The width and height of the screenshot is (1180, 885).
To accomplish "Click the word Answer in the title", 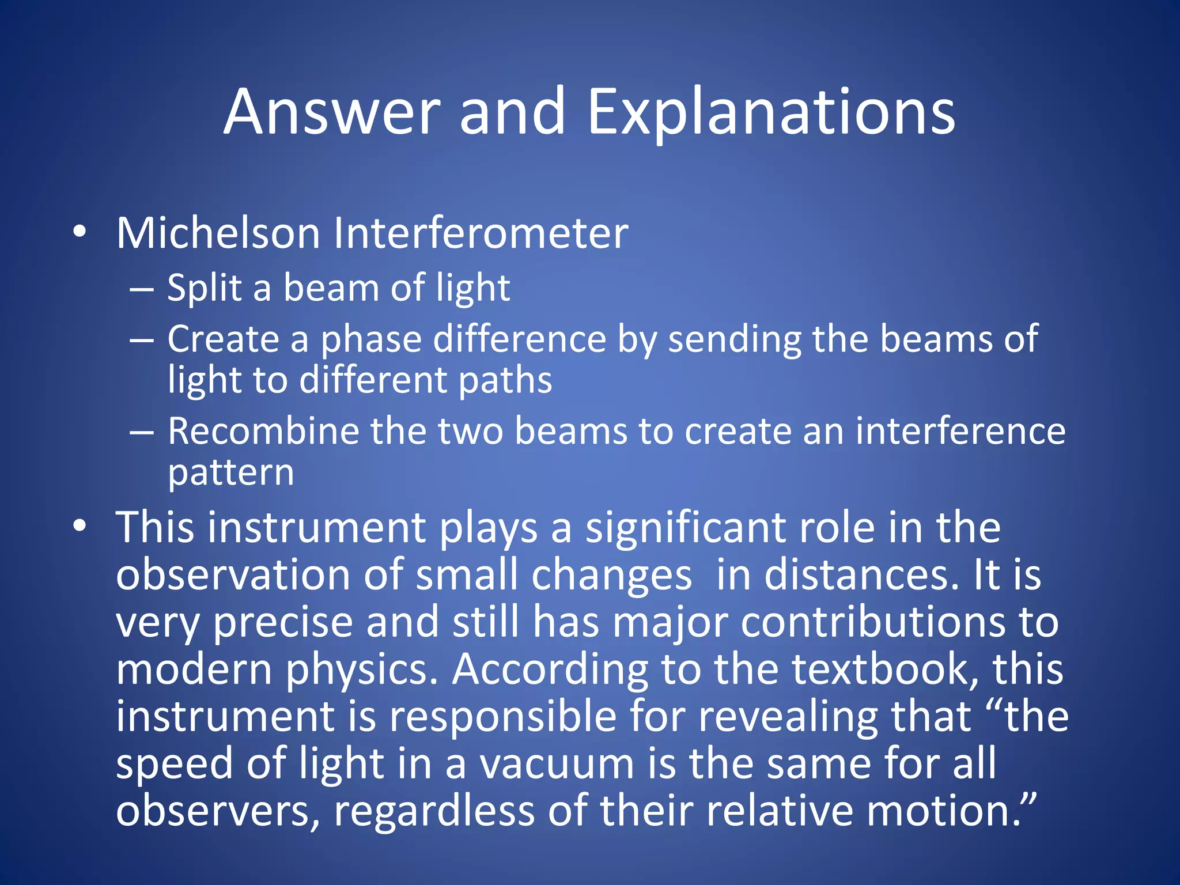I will [x=332, y=112].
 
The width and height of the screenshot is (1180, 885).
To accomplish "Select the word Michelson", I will [x=218, y=233].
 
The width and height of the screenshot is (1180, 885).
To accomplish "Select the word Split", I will [x=205, y=288].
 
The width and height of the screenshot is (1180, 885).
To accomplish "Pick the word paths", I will [x=505, y=381].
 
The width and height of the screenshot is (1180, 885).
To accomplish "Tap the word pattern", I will [x=230, y=474].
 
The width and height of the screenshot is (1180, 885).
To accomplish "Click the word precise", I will [x=283, y=623].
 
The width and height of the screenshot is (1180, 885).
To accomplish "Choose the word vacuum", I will [x=557, y=764].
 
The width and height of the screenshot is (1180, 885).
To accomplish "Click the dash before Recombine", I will [x=142, y=433].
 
